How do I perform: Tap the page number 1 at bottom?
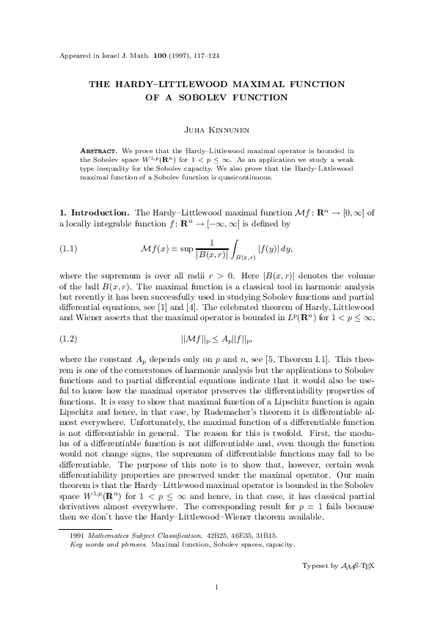pyautogui.click(x=218, y=586)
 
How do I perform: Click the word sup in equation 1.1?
pyautogui.click(x=175, y=248)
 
